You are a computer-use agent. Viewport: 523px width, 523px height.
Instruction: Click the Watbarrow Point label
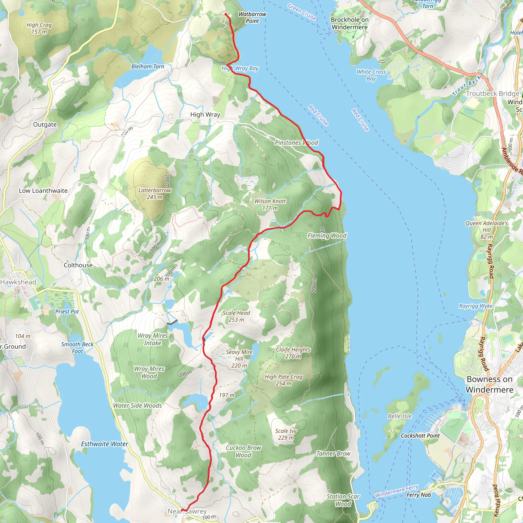pyautogui.click(x=252, y=18)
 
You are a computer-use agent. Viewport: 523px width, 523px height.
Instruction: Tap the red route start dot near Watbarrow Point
pyautogui.click(x=226, y=14)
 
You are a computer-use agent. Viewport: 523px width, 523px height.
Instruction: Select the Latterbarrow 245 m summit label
pyautogui.click(x=154, y=194)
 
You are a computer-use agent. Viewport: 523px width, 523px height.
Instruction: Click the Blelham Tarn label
pyautogui.click(x=148, y=67)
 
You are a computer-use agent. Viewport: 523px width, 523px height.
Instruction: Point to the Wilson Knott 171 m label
pyautogui.click(x=270, y=204)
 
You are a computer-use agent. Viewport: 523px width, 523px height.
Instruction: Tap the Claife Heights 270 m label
pyautogui.click(x=293, y=353)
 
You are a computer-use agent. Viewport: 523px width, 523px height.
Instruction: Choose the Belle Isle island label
pyautogui.click(x=400, y=416)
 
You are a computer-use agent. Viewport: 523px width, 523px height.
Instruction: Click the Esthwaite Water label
pyautogui.click(x=104, y=444)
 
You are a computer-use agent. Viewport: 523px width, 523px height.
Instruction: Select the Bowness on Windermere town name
pyautogui.click(x=490, y=384)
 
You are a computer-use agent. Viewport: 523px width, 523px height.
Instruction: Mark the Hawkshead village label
pyautogui.click(x=18, y=282)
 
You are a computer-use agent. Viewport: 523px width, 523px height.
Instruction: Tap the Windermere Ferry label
pyautogui.click(x=397, y=491)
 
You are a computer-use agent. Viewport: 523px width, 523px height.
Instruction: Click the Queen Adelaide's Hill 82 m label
pyautogui.click(x=486, y=230)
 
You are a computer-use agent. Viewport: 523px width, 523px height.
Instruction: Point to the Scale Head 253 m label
pyautogui.click(x=236, y=316)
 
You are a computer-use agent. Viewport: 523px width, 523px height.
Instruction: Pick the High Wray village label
pyautogui.click(x=205, y=114)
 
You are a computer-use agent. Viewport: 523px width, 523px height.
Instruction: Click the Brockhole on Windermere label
pyautogui.click(x=350, y=23)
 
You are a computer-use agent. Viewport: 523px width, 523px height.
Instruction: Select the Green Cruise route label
pyautogui.click(x=302, y=12)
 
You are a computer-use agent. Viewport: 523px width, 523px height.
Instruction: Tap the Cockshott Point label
pyautogui.click(x=420, y=436)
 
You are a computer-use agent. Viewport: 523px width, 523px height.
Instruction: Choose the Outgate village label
pyautogui.click(x=45, y=125)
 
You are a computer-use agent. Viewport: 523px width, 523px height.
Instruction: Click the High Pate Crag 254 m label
pyautogui.click(x=283, y=380)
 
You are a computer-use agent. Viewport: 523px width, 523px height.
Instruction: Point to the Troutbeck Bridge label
pyautogui.click(x=492, y=94)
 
